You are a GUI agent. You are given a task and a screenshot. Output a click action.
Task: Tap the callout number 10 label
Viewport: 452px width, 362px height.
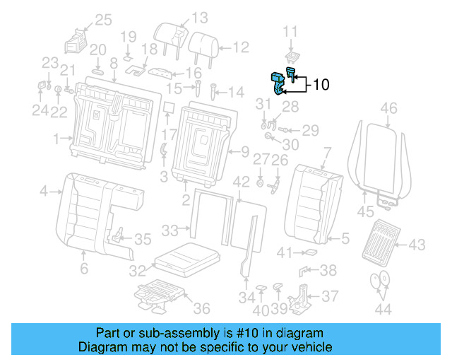pyautogui.click(x=320, y=85)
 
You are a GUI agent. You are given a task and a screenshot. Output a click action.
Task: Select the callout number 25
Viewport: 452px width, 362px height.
pyautogui.click(x=103, y=20)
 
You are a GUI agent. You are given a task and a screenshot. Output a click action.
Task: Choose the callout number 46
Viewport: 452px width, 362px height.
pyautogui.click(x=388, y=108)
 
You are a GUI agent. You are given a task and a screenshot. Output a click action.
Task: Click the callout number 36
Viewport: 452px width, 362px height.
pyautogui.click(x=201, y=308)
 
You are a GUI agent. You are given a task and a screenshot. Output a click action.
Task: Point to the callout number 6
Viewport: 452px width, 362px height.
pyautogui.click(x=83, y=269)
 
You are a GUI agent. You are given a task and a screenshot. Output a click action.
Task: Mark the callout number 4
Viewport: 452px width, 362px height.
pyautogui.click(x=44, y=191)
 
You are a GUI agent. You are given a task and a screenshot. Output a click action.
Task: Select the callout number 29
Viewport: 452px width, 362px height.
pyautogui.click(x=310, y=130)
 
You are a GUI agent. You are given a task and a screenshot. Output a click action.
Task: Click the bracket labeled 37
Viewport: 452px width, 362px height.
pyautogui.click(x=304, y=296)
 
